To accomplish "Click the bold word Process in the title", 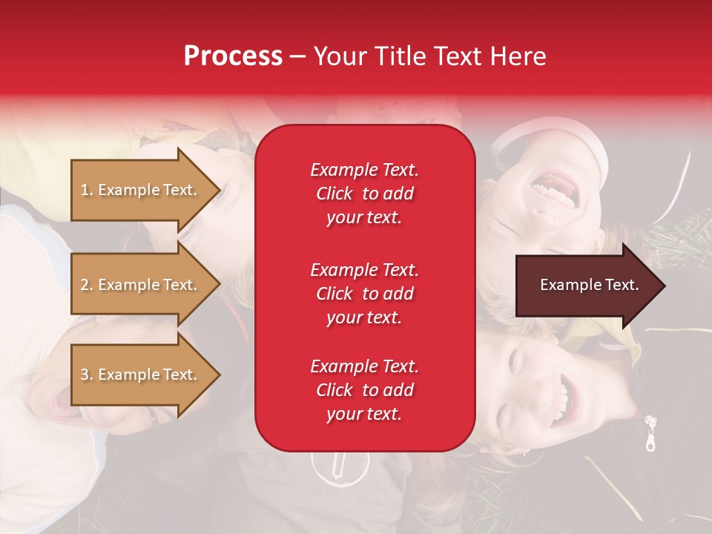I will [233, 56].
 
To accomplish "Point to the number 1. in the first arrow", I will [87, 190].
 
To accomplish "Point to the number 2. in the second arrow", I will [87, 285].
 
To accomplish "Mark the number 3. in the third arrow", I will [87, 375].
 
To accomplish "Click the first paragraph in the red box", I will [364, 194].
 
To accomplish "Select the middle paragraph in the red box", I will [364, 294].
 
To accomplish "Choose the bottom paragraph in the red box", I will [364, 390].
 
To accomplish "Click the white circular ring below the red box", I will [340, 466].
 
